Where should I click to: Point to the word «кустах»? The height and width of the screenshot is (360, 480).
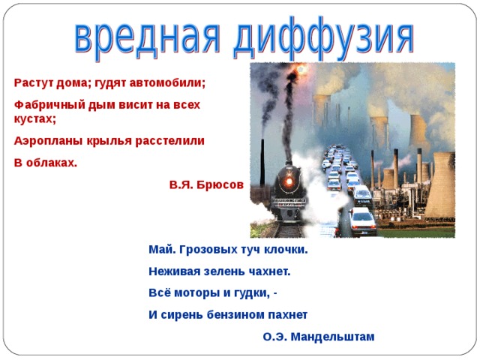point(33,118)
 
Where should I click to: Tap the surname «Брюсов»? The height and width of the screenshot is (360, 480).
point(220,184)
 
